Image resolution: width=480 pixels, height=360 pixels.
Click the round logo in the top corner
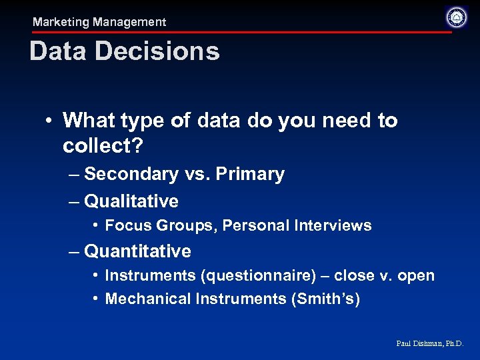tap(456, 17)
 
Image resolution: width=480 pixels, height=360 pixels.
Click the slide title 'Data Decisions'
tap(125, 51)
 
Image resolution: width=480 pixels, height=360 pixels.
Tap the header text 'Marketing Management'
tap(99, 22)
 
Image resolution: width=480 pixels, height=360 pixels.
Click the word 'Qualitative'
tap(131, 201)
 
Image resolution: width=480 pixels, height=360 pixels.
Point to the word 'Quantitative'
tap(137, 251)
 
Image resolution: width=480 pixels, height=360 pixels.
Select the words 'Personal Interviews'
tap(297, 225)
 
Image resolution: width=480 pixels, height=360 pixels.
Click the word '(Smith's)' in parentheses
tap(325, 299)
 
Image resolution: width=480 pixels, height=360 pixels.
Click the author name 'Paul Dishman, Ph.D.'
tap(429, 344)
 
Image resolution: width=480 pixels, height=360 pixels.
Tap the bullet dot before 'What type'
tap(50, 121)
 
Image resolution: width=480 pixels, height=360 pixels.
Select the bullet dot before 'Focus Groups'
tap(97, 225)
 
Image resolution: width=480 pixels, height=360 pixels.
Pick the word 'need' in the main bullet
tap(329, 121)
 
